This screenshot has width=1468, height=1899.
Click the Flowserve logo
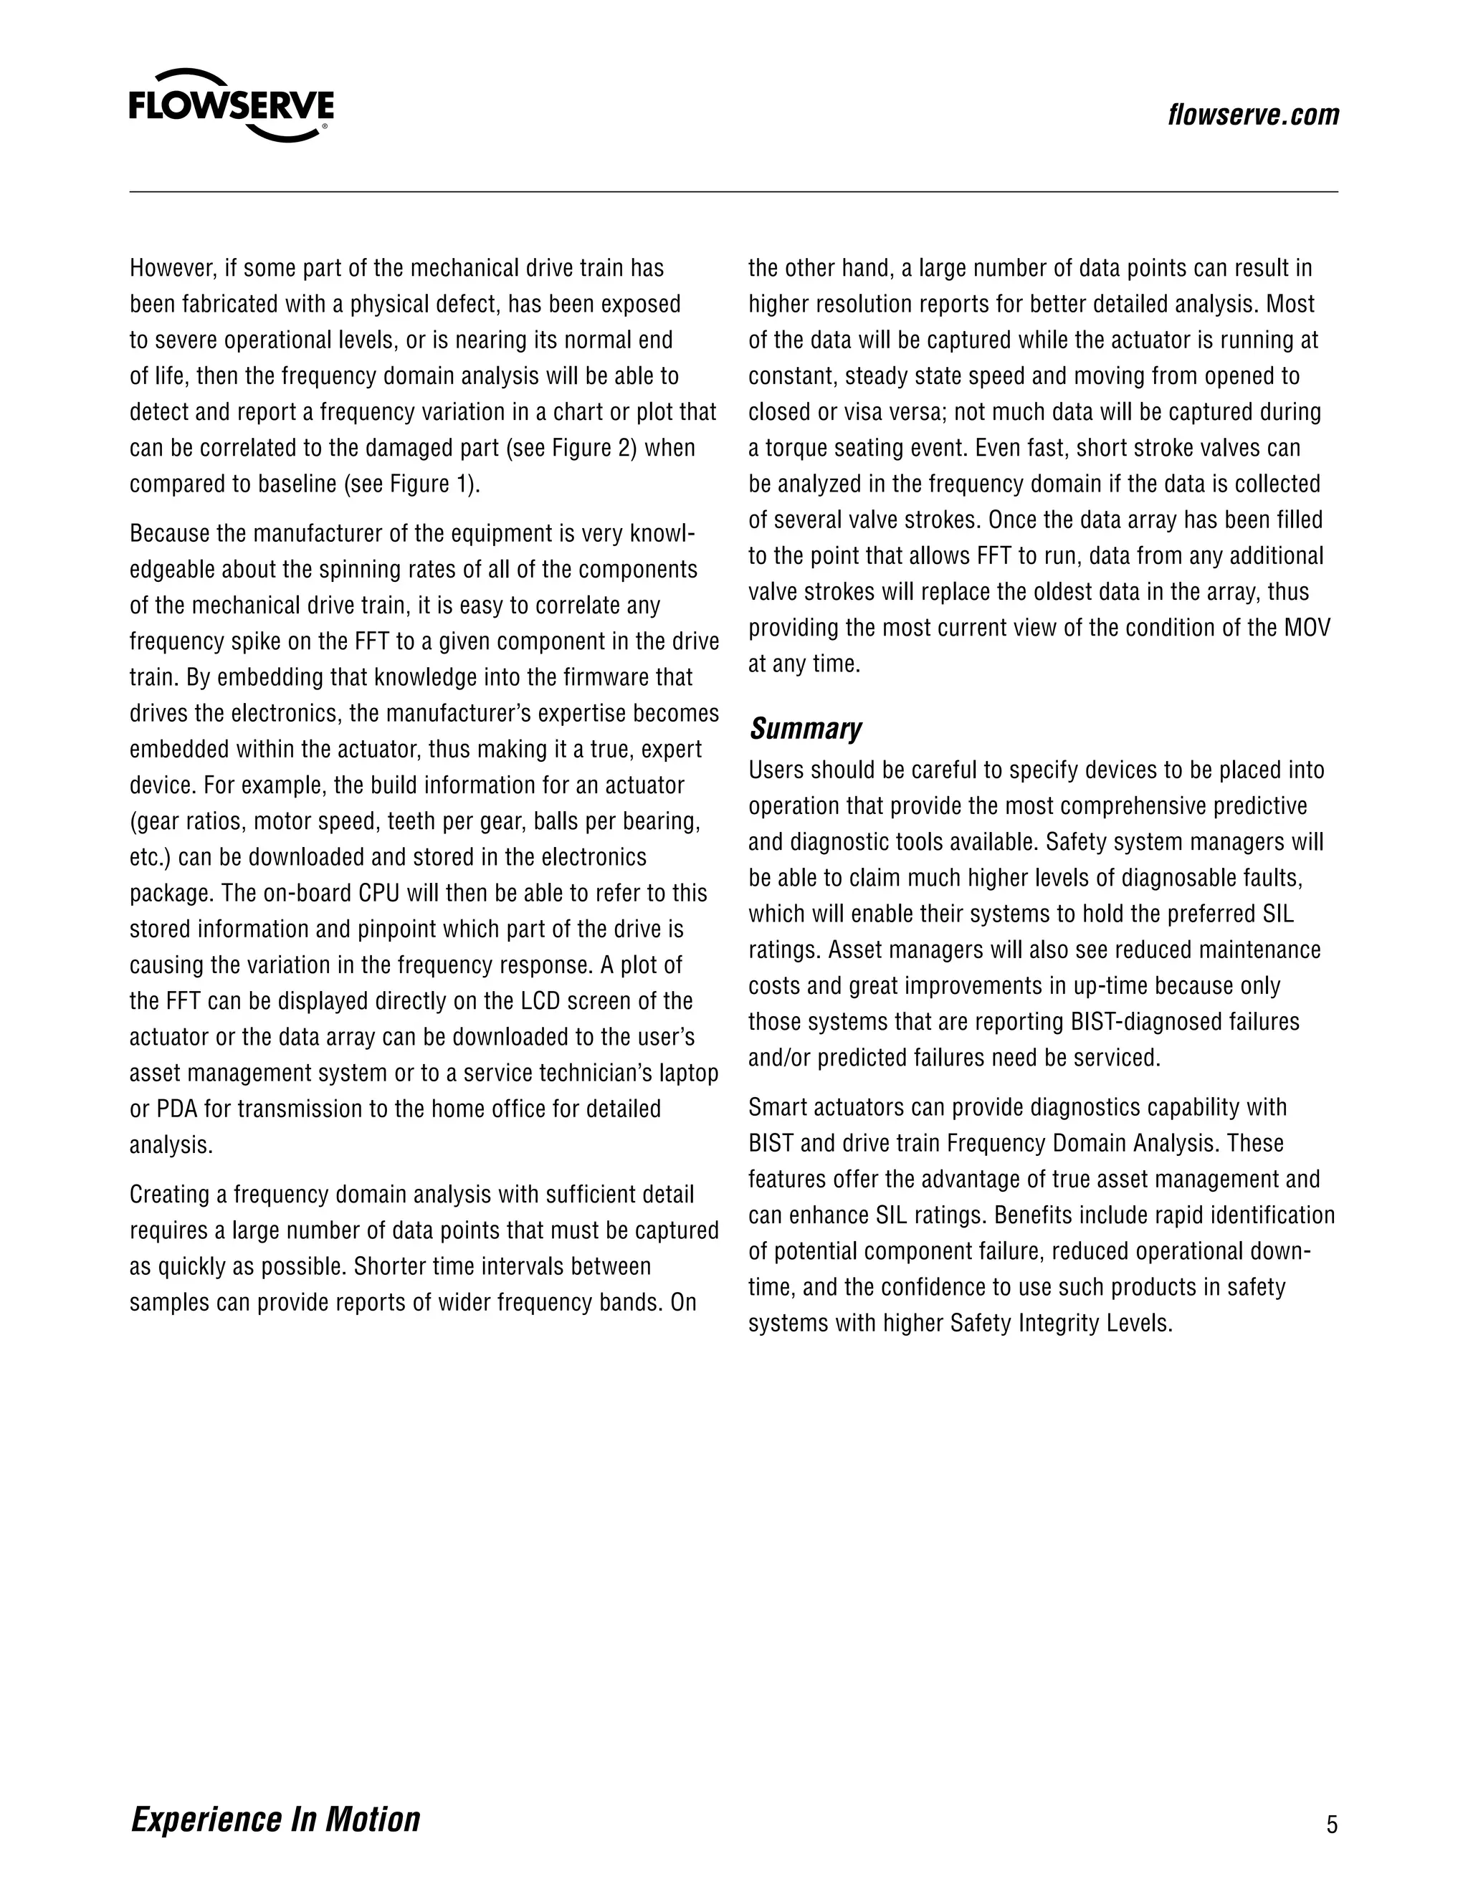point(232,106)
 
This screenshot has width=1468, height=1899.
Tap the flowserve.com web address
point(1253,115)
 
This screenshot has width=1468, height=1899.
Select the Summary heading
point(805,729)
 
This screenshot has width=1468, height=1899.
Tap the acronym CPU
point(379,894)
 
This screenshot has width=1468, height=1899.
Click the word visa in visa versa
point(864,412)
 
